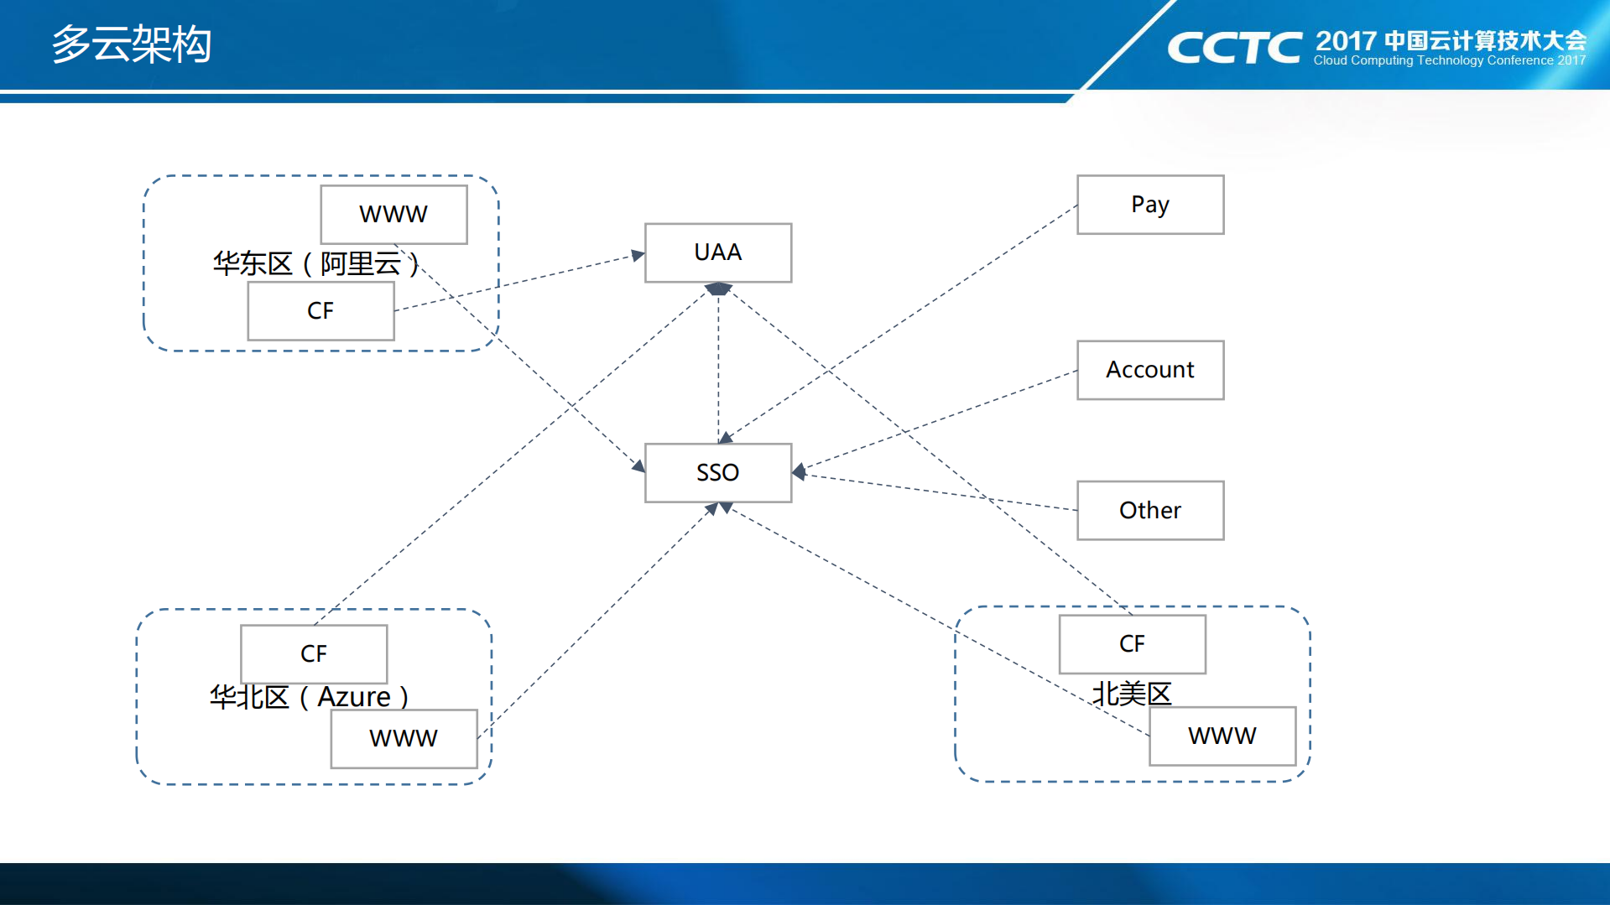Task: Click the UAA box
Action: point(717,252)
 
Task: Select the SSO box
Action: point(717,472)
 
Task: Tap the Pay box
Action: point(1149,205)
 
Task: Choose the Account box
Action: point(1149,370)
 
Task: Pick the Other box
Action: point(1149,510)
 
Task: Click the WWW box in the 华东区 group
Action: point(393,215)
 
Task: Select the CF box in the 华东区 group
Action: point(320,310)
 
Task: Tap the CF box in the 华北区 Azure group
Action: point(314,653)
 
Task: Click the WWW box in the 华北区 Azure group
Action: point(404,738)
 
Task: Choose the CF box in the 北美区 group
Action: point(1132,643)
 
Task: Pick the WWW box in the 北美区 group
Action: point(1222,736)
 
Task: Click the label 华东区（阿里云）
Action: point(315,263)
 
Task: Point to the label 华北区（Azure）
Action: point(309,697)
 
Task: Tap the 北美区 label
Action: point(1131,694)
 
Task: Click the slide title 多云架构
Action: point(132,44)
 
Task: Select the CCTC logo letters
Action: point(1234,48)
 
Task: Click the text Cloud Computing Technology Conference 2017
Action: point(1449,60)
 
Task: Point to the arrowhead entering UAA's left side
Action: point(638,255)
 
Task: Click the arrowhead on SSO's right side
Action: point(799,472)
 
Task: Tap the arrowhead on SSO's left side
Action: point(638,466)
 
